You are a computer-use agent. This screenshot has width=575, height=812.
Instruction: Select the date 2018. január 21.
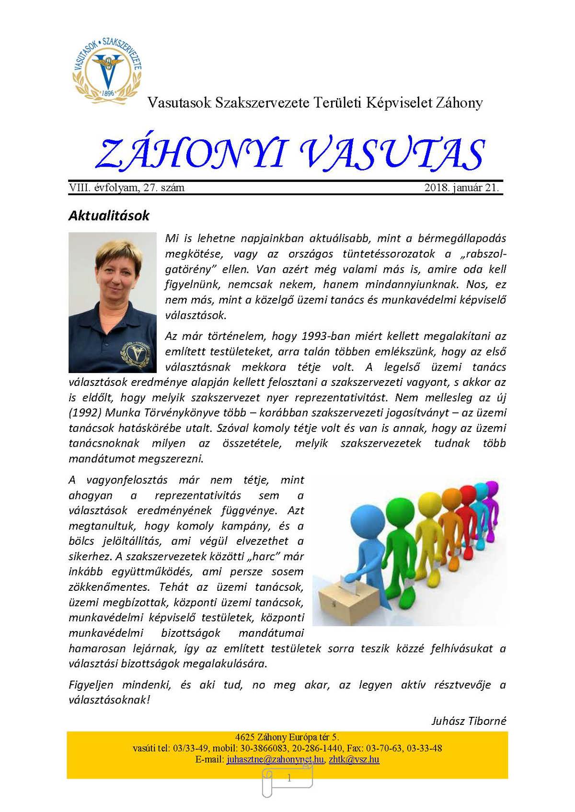[461, 188]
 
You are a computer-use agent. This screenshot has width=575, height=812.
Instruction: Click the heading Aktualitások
[109, 215]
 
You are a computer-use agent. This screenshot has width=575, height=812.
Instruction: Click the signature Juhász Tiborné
[469, 721]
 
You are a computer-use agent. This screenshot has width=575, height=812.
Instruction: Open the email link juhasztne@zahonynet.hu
[275, 759]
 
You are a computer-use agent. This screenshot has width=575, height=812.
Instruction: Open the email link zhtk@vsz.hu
[354, 759]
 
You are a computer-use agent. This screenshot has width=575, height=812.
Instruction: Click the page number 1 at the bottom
[289, 778]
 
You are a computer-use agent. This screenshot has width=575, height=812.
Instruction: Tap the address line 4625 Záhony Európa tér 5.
[287, 737]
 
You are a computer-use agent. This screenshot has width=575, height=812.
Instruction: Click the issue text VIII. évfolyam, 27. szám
[126, 188]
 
